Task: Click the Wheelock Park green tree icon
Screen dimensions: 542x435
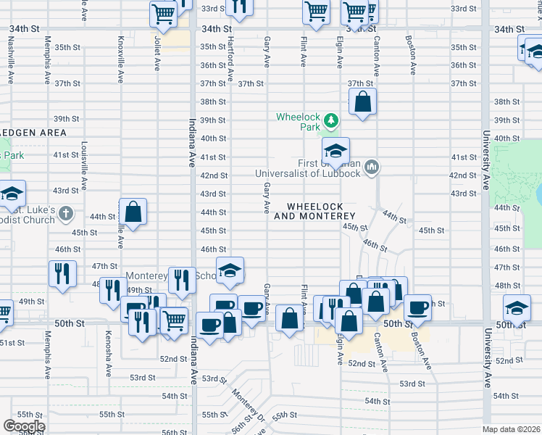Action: (x=331, y=120)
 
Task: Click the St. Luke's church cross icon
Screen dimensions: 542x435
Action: (x=66, y=214)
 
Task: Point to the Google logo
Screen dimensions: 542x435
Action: (x=24, y=426)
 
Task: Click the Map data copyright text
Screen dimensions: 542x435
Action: (x=510, y=429)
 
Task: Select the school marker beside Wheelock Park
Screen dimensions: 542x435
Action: (x=335, y=151)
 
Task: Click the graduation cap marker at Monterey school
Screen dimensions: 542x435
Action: (x=230, y=270)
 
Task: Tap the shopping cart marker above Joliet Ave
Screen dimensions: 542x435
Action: (x=164, y=12)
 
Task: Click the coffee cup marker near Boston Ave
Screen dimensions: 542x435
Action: (x=417, y=307)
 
